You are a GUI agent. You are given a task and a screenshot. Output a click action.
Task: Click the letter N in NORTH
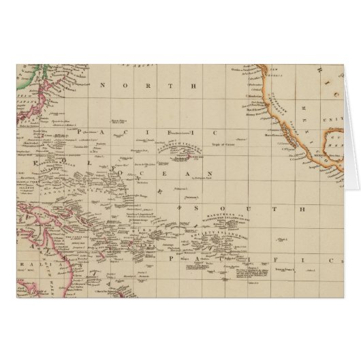click(102, 86)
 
